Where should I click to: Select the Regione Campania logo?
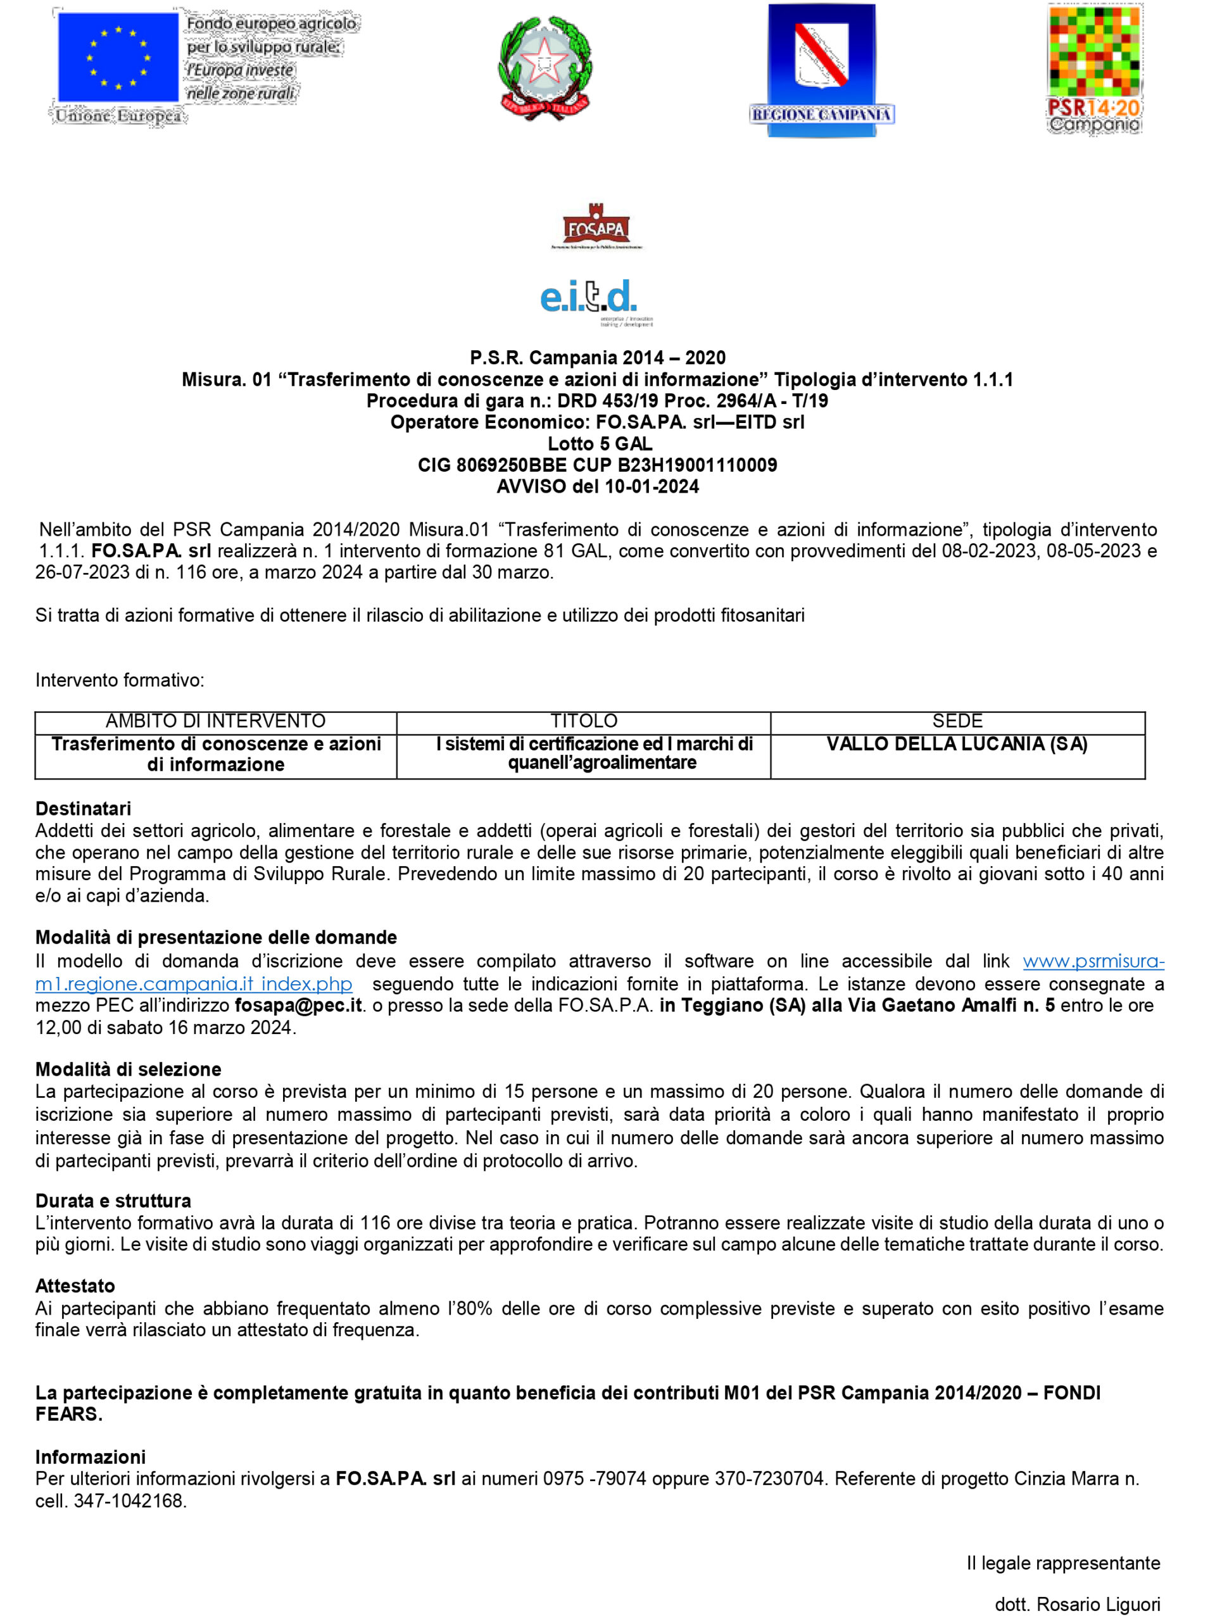[821, 70]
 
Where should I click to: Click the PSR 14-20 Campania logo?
[1093, 69]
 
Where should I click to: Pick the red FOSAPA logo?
[596, 227]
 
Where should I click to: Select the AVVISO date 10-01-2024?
[652, 486]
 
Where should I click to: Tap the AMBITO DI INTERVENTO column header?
[215, 721]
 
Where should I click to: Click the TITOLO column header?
[584, 721]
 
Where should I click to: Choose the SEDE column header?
[957, 721]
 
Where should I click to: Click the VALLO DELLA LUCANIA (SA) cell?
[957, 744]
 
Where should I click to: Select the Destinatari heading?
[83, 809]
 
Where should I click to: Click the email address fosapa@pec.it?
[298, 1005]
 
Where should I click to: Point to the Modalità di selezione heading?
[129, 1069]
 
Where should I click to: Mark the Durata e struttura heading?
[113, 1201]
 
